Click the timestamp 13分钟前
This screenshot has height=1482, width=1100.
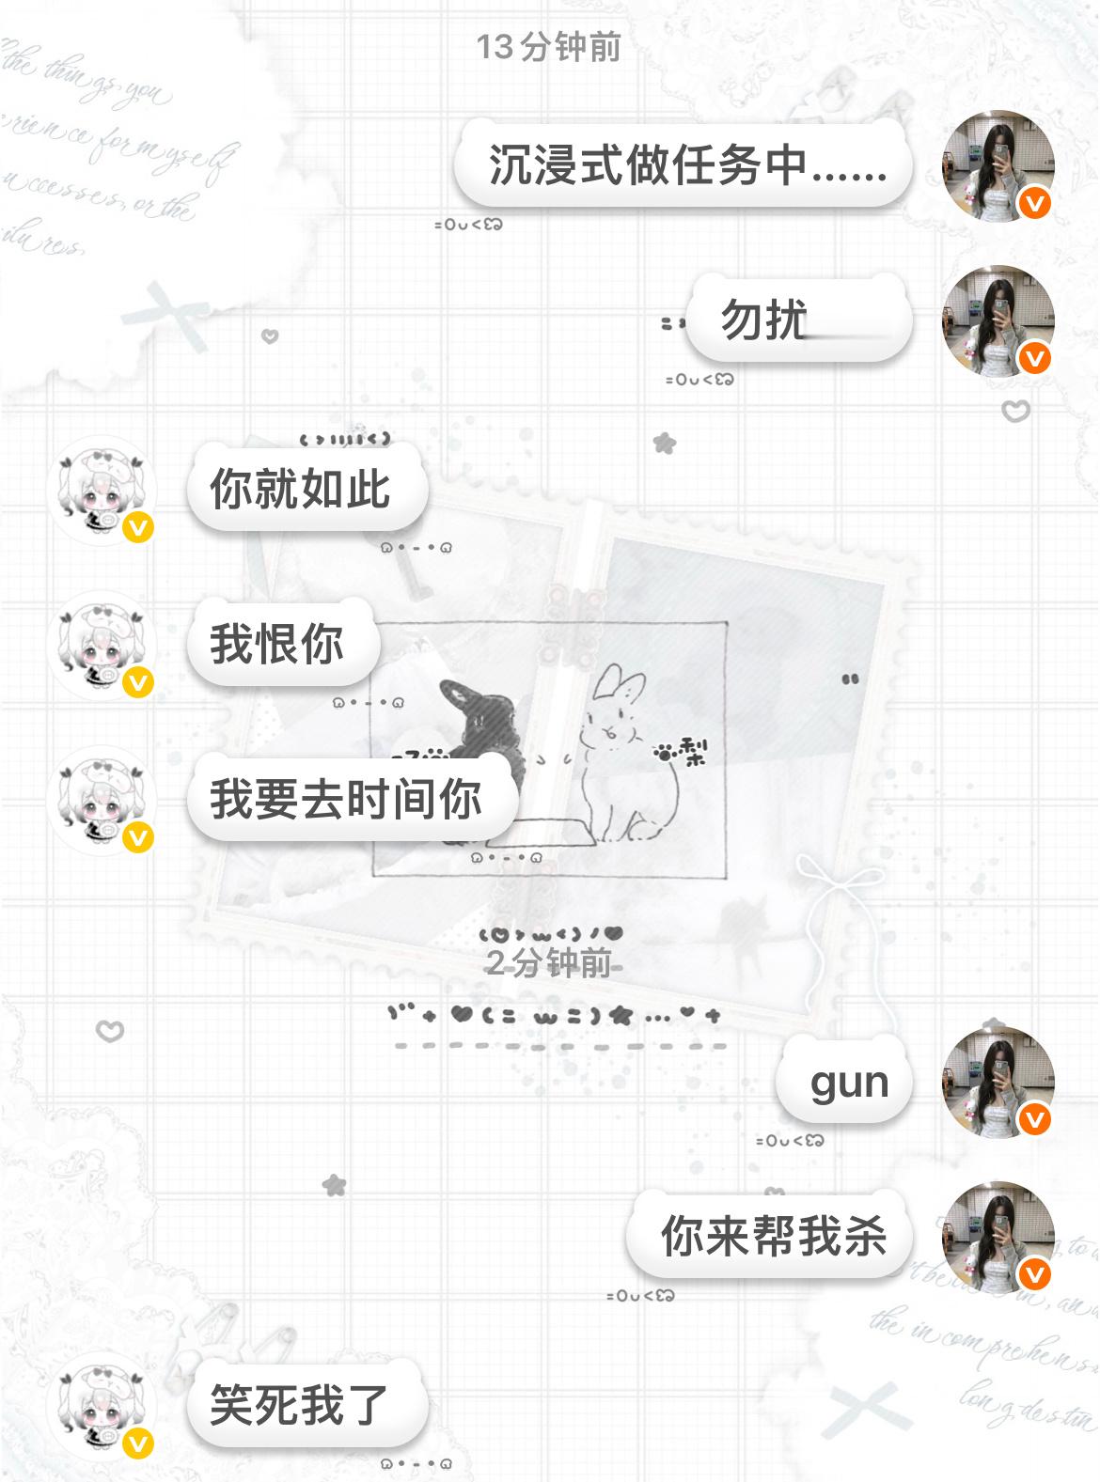click(x=548, y=46)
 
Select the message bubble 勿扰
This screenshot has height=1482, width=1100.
click(x=798, y=320)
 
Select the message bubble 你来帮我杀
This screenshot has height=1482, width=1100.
click(x=770, y=1235)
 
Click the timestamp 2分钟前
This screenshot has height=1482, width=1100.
click(x=548, y=962)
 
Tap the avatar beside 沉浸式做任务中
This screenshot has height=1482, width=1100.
click(x=998, y=166)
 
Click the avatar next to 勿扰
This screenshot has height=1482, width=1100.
click(x=998, y=320)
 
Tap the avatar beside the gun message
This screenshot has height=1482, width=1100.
click(x=998, y=1082)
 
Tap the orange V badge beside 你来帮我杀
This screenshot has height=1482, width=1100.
click(x=1035, y=1274)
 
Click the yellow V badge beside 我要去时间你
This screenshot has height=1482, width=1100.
click(x=138, y=837)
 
